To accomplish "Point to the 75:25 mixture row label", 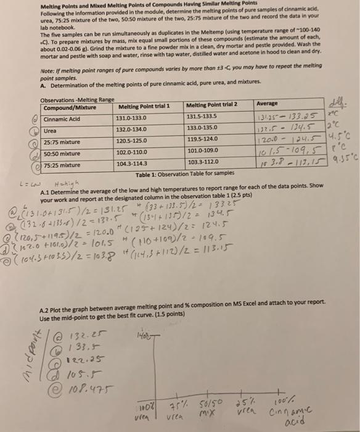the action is tap(62, 165).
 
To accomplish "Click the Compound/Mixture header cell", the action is tap(68, 109).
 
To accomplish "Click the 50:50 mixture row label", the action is tap(62, 153).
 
